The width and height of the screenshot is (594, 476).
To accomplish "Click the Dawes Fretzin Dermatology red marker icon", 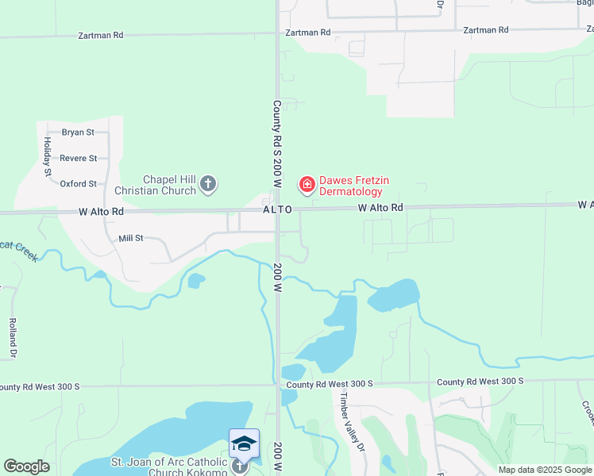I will tap(306, 185).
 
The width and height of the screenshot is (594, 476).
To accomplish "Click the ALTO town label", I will tap(278, 209).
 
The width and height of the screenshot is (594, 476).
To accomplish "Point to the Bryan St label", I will tap(78, 132).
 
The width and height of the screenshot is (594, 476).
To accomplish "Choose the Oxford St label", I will tap(78, 184).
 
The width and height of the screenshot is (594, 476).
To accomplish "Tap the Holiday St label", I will tap(48, 155).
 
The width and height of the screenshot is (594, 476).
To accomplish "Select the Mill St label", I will tap(129, 237).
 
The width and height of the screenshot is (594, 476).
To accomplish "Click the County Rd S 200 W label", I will tap(277, 144).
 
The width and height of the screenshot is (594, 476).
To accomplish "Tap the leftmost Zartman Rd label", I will tap(102, 36).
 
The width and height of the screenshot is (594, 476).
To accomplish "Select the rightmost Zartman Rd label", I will tap(485, 30).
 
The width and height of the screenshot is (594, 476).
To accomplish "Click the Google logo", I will tap(26, 466).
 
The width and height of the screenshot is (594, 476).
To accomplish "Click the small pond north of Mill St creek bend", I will tap(195, 280).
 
